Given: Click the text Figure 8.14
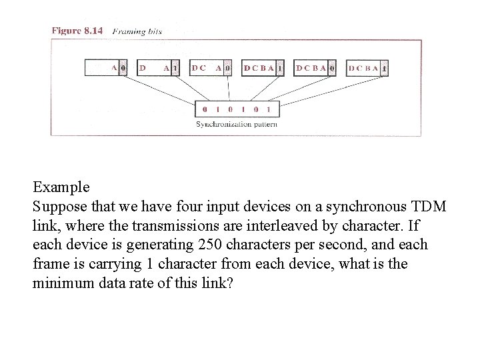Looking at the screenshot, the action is (x=77, y=31).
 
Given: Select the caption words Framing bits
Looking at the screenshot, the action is (x=137, y=31).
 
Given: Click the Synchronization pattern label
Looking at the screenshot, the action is (x=236, y=124).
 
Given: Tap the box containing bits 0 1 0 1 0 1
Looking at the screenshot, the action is (x=236, y=109).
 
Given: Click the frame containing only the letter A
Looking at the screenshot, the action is (x=105, y=67).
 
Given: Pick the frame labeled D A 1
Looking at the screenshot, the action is (x=158, y=67).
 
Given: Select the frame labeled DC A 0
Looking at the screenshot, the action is (x=211, y=67).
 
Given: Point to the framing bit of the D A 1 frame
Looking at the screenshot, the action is (x=175, y=67).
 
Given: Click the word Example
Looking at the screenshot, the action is (x=61, y=187).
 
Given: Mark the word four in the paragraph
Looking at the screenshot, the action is (x=185, y=206).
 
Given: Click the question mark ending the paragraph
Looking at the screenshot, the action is (x=231, y=283).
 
